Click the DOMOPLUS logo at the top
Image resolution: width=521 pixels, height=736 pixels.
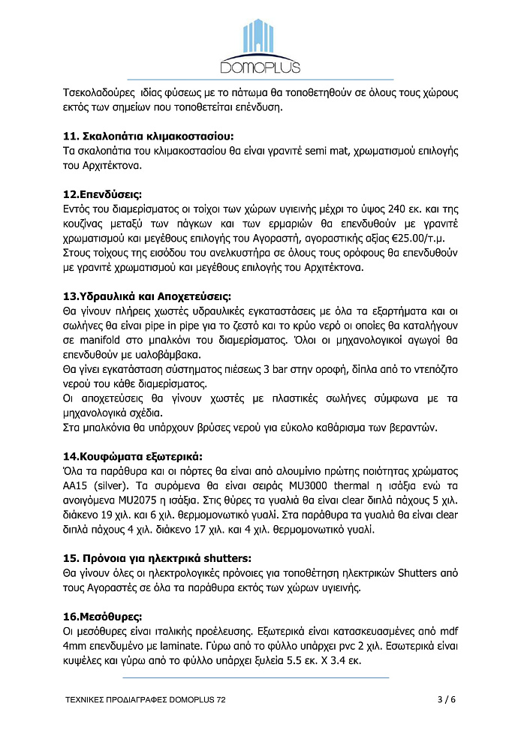[x=260, y=47]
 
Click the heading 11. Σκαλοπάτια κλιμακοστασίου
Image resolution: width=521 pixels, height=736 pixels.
[x=148, y=136]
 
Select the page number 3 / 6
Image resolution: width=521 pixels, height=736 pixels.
[x=446, y=700]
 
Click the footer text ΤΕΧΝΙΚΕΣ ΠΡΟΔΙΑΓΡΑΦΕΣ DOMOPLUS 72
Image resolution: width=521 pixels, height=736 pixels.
[x=145, y=700]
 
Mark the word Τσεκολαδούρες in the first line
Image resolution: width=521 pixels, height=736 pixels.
[x=100, y=93]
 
